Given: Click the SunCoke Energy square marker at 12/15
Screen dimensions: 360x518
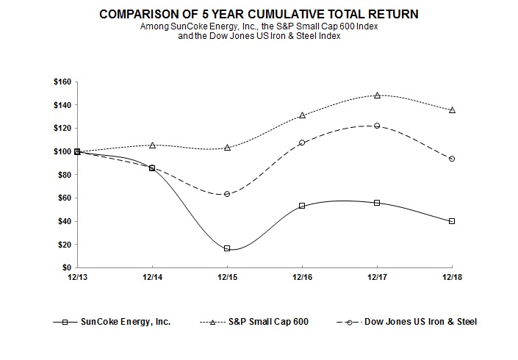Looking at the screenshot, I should click(x=227, y=248).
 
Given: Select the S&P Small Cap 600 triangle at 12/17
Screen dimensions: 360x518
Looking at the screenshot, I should click(x=377, y=95).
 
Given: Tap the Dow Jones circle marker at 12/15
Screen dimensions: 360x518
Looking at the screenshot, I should click(x=227, y=194).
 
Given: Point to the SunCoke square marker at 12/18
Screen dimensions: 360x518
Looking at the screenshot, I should click(x=452, y=221).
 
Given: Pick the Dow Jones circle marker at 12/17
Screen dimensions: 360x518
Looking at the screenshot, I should click(x=377, y=126).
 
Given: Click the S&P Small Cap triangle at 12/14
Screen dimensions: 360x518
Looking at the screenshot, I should click(x=152, y=145).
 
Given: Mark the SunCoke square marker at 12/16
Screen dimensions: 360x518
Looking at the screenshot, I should click(x=302, y=206).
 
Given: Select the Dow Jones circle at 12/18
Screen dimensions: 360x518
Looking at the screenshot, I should click(x=452, y=159).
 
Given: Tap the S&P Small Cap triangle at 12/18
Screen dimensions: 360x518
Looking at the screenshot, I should click(x=452, y=110).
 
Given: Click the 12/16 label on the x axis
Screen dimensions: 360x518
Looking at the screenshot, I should click(x=302, y=277).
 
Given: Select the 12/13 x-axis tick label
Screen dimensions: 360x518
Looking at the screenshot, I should click(x=77, y=277).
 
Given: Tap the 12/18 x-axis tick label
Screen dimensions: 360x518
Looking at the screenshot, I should click(x=452, y=277).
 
